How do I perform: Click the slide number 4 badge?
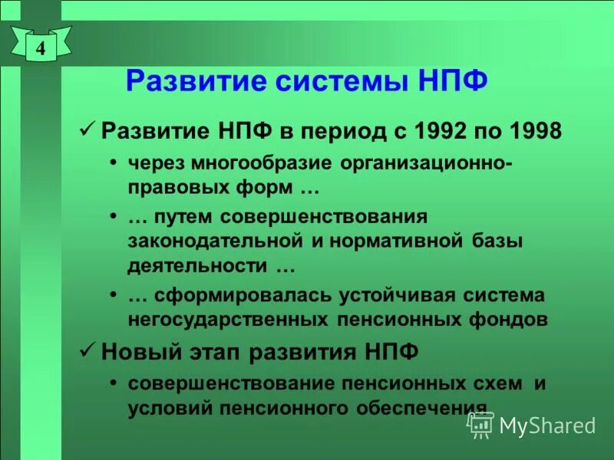[x=41, y=47]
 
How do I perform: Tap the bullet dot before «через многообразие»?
[x=114, y=164]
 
